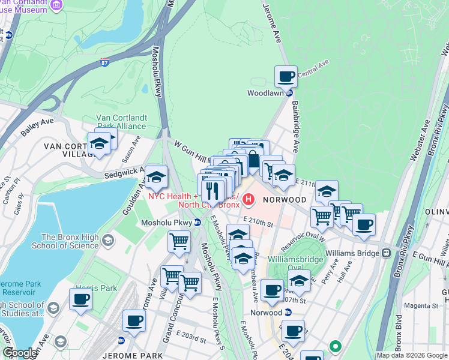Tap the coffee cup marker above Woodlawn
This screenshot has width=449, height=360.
[286, 76]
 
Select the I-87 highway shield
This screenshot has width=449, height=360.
[105, 61]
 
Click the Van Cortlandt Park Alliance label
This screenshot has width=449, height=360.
[121, 122]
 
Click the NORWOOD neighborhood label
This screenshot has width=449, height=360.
[285, 199]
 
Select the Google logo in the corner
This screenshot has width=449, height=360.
[19, 353]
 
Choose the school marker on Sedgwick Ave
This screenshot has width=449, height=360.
[156, 178]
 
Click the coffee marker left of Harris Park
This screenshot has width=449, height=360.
[80, 299]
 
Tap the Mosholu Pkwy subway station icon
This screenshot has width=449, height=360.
[197, 223]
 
